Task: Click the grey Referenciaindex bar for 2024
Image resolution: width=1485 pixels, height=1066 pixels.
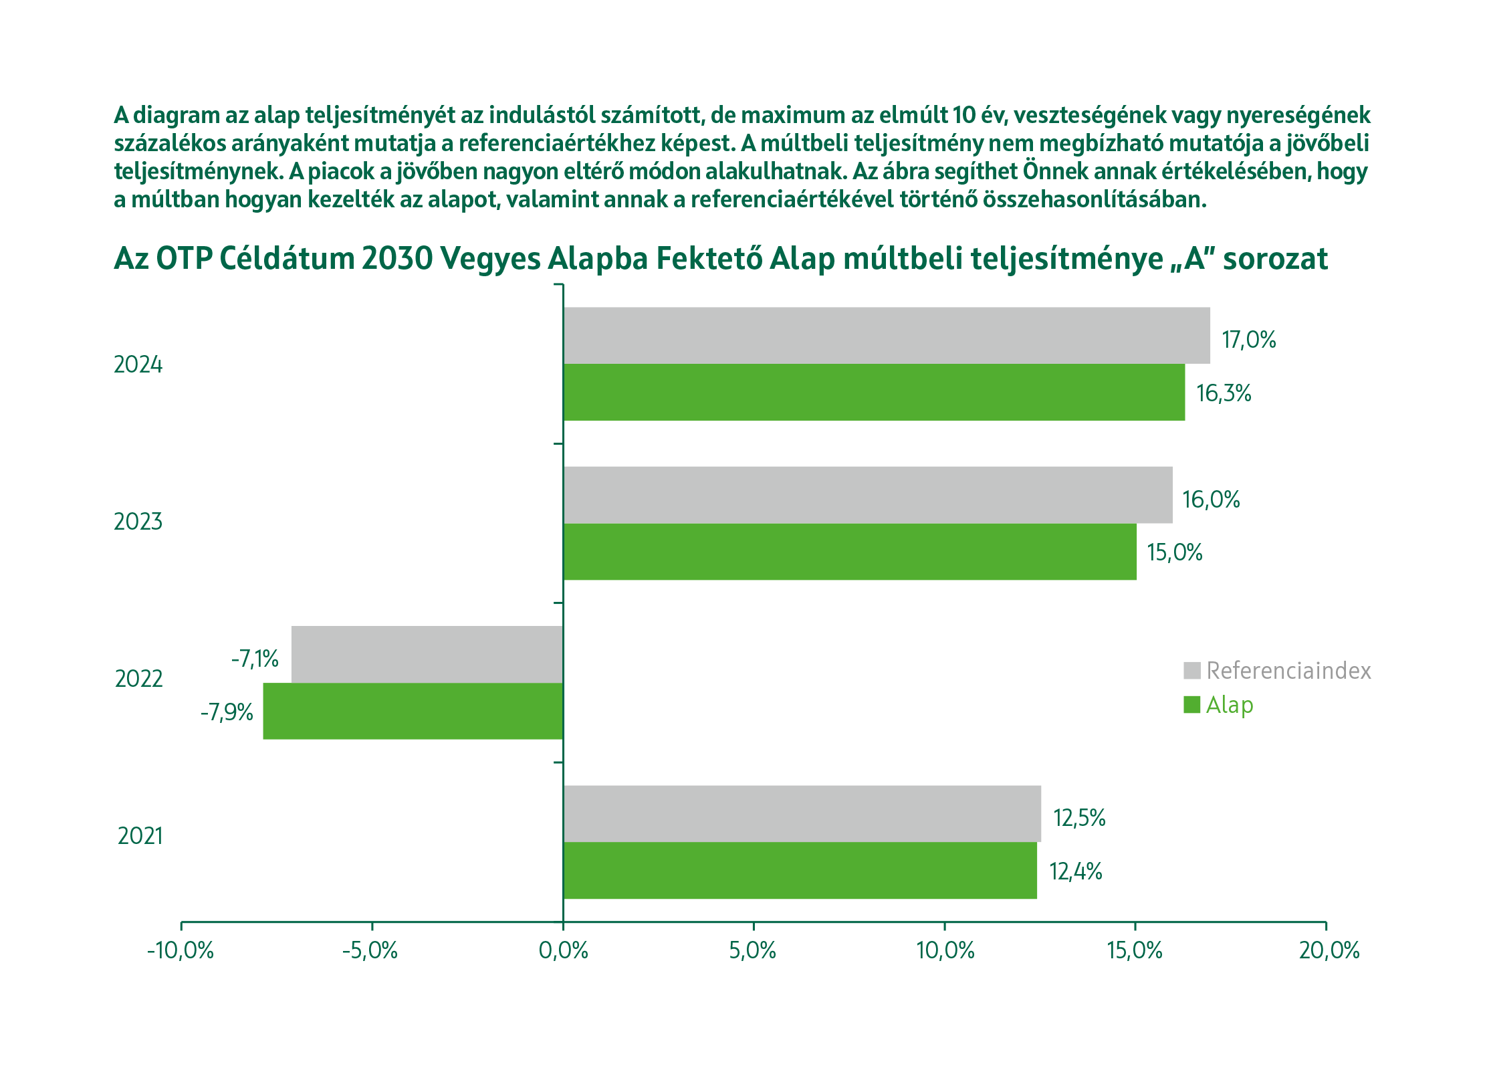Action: click(886, 336)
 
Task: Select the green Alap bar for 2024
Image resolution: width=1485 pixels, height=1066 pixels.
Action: click(873, 393)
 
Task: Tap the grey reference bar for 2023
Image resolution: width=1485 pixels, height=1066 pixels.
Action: click(867, 495)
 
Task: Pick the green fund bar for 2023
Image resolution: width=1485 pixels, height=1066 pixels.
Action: click(849, 552)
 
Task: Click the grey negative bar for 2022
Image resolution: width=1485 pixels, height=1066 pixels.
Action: click(427, 654)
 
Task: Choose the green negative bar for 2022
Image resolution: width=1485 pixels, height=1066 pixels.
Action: click(413, 711)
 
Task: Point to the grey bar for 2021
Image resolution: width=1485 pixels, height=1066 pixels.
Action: click(802, 813)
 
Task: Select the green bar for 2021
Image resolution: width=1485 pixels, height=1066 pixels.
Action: click(800, 870)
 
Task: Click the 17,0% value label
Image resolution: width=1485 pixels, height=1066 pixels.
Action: click(1248, 340)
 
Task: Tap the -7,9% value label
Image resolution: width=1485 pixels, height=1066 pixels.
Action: click(227, 712)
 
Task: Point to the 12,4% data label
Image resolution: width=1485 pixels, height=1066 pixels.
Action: click(1075, 871)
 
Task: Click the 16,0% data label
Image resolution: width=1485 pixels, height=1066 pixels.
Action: click(1211, 500)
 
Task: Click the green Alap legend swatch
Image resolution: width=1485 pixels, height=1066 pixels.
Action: click(1191, 705)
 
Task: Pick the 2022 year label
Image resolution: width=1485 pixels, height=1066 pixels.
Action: click(138, 679)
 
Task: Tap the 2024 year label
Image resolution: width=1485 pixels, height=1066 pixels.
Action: click(138, 364)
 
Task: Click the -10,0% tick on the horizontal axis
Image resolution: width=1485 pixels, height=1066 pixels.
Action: click(181, 950)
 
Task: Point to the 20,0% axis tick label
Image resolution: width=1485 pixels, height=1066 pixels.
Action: click(1329, 950)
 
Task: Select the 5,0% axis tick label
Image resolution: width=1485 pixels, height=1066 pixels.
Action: click(753, 950)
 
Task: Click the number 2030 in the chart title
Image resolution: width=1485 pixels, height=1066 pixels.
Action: click(397, 259)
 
